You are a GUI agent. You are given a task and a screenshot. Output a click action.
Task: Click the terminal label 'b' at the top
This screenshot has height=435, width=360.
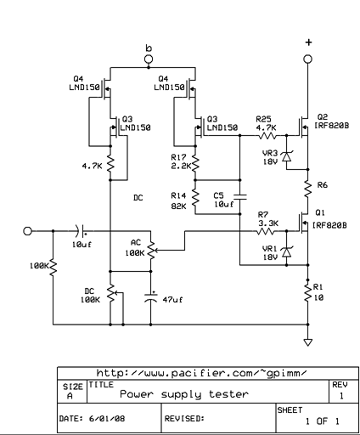pyautogui.click(x=149, y=48)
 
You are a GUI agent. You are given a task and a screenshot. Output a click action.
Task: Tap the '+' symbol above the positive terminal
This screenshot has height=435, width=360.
pyautogui.click(x=307, y=41)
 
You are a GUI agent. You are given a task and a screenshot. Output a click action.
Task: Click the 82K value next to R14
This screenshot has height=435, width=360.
pyautogui.click(x=177, y=205)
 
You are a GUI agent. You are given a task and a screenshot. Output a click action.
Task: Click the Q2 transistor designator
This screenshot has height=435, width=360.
pyautogui.click(x=322, y=117)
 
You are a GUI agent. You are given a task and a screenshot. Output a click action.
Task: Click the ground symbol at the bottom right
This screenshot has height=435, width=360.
pyautogui.click(x=307, y=342)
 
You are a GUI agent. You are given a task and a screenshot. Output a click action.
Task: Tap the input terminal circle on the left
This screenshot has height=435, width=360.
pyautogui.click(x=28, y=231)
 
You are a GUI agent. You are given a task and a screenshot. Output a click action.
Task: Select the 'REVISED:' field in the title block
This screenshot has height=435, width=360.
pyautogui.click(x=185, y=416)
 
